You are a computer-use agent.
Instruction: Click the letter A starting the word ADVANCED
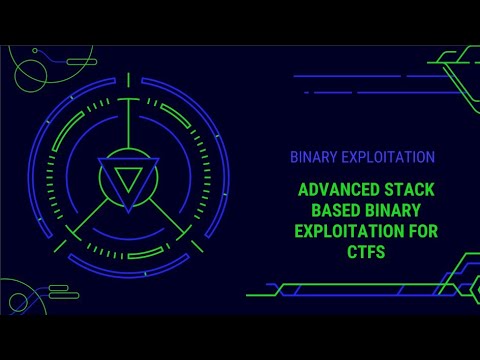tap(304, 189)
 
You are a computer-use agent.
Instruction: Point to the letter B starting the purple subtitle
tap(293, 157)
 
